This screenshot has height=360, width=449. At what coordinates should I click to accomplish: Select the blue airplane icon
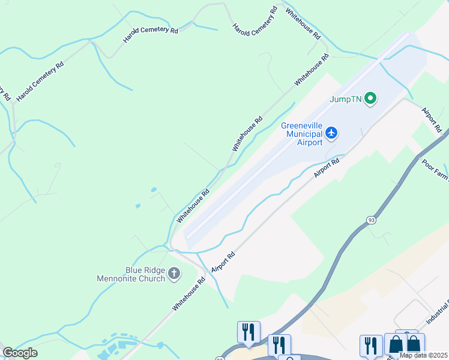(x=332, y=132)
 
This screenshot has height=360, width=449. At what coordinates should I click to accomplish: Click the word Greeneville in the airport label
(x=303, y=125)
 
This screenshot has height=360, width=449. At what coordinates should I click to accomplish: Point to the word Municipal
(x=305, y=134)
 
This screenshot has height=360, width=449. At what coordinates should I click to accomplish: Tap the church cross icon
(x=174, y=274)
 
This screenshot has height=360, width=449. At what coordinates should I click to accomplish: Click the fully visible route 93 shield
(x=372, y=220)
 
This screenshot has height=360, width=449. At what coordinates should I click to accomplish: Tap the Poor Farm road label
(x=435, y=170)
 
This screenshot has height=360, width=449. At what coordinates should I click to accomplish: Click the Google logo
(x=20, y=353)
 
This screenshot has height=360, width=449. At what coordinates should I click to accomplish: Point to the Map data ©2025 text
(x=424, y=355)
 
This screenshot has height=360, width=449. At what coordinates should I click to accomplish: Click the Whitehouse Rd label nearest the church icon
(x=193, y=290)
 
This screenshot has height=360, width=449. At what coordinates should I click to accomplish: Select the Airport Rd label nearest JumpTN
(x=432, y=120)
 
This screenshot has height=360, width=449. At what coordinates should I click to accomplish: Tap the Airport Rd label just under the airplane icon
(x=327, y=167)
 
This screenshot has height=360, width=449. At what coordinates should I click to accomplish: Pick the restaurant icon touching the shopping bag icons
(x=371, y=346)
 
